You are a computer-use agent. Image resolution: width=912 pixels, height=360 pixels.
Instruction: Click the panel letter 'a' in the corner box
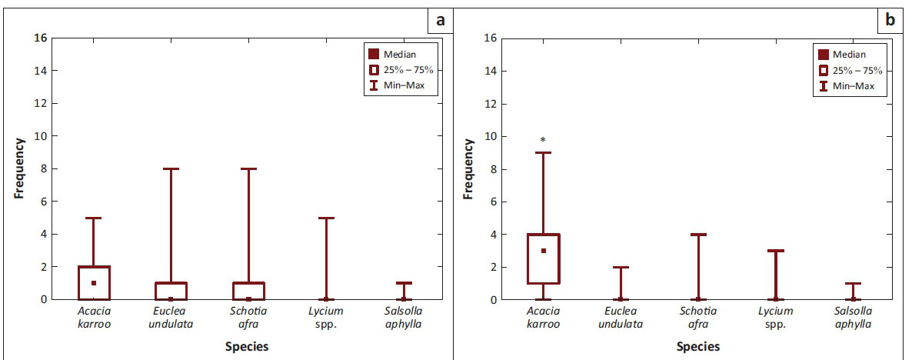coord(441,20)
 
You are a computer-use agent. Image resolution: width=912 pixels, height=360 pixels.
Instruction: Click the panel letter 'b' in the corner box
coord(890,20)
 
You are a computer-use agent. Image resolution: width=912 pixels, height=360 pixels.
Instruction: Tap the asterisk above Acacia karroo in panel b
coord(543,140)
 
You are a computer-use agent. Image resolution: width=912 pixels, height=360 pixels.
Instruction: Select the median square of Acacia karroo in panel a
coord(93,283)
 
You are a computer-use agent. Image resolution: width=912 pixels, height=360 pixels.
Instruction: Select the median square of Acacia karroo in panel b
coord(543,251)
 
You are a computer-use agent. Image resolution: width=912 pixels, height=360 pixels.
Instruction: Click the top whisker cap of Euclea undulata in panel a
coord(171,168)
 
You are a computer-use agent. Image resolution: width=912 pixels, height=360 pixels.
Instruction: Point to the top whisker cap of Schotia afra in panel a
coord(248,168)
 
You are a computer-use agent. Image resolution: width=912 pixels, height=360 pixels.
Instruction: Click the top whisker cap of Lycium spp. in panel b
coord(775,250)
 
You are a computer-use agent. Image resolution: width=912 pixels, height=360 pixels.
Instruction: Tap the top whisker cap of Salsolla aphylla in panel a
coord(403,283)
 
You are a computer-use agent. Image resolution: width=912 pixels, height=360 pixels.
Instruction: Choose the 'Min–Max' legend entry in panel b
coord(850,86)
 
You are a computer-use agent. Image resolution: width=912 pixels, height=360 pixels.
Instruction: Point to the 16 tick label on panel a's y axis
coord(41,38)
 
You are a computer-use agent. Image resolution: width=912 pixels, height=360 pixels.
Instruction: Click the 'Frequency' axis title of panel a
coord(19,168)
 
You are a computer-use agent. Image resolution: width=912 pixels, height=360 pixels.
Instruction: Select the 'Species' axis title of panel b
coord(698,347)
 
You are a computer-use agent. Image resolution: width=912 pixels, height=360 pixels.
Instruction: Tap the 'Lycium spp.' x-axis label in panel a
coord(326,317)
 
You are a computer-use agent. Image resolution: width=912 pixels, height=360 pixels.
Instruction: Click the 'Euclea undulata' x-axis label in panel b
coord(621,317)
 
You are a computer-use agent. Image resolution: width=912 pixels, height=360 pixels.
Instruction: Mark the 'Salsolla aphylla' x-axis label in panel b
coord(852,317)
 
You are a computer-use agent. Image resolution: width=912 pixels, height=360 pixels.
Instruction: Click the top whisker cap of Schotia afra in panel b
coord(698,234)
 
